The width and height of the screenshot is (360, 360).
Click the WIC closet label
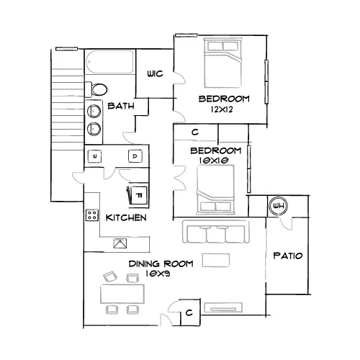155,73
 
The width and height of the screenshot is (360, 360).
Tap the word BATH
121,106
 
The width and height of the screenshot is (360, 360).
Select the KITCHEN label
126,217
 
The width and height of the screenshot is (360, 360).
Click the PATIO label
288,256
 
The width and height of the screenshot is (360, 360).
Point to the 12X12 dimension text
222,109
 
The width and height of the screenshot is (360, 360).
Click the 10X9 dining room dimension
158,274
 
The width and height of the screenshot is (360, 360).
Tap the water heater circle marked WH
278,206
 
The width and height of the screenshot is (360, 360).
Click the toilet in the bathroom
96,89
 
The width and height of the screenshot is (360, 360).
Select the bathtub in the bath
110,62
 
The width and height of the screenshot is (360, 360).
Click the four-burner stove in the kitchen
92,215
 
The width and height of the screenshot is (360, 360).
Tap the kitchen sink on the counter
120,243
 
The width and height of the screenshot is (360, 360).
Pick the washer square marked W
94,156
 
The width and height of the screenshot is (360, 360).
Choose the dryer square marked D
135,156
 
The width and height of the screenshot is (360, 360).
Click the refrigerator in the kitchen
138,195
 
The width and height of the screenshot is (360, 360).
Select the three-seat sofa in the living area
216,232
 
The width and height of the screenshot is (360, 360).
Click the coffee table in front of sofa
216,261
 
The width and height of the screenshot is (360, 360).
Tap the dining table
122,294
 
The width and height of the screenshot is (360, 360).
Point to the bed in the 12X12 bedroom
222,63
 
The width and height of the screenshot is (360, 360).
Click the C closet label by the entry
189,312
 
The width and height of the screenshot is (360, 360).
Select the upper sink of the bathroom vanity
94,111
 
